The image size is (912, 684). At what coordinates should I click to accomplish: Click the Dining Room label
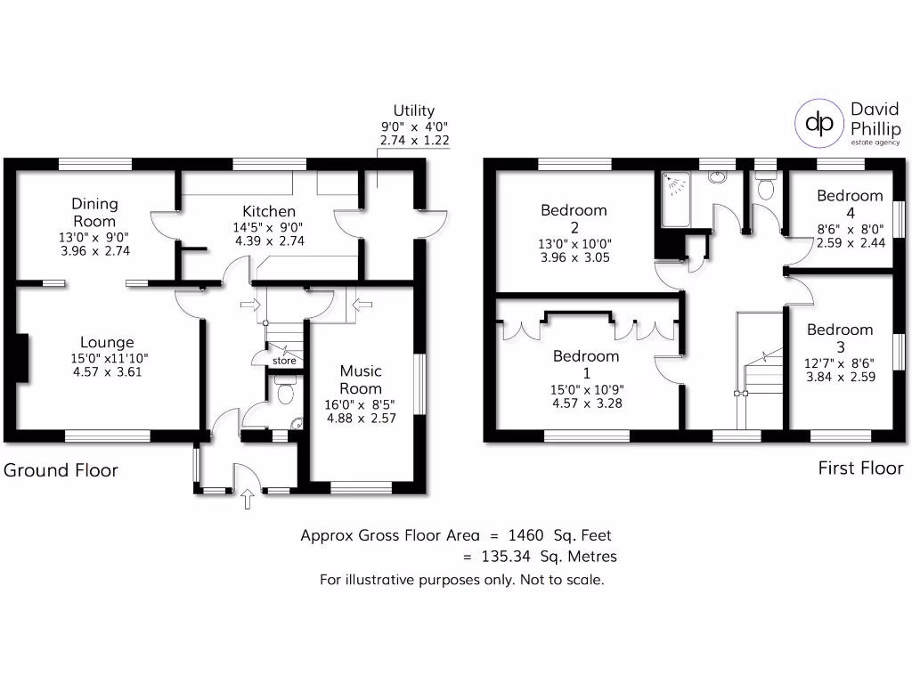pyautogui.click(x=94, y=212)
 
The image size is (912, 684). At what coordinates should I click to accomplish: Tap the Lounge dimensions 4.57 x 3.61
pyautogui.click(x=107, y=372)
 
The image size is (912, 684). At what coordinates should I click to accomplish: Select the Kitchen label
pyautogui.click(x=269, y=211)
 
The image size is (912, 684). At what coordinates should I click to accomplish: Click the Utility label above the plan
pyautogui.click(x=413, y=110)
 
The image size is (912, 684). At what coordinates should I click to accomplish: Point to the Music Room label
pyautogui.click(x=361, y=379)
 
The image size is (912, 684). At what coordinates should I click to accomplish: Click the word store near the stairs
pyautogui.click(x=284, y=361)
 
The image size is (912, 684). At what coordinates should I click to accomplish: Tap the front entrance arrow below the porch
pyautogui.click(x=248, y=500)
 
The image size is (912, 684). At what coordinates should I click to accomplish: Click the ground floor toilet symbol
pyautogui.click(x=285, y=391)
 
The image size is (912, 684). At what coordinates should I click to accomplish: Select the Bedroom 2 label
pyautogui.click(x=574, y=218)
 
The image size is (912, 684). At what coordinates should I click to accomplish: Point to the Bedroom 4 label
pyautogui.click(x=850, y=204)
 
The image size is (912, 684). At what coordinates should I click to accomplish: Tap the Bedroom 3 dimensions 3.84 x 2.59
pyautogui.click(x=840, y=377)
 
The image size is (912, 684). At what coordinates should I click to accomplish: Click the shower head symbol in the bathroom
pyautogui.click(x=676, y=184)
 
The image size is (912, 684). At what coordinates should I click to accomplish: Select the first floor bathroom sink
pyautogui.click(x=717, y=176)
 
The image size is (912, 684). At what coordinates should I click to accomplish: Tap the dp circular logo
pyautogui.click(x=819, y=124)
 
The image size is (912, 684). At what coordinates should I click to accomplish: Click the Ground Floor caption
pyautogui.click(x=61, y=470)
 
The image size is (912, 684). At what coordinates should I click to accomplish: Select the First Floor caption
pyautogui.click(x=860, y=468)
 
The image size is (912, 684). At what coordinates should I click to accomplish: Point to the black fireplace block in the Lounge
pyautogui.click(x=22, y=362)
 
